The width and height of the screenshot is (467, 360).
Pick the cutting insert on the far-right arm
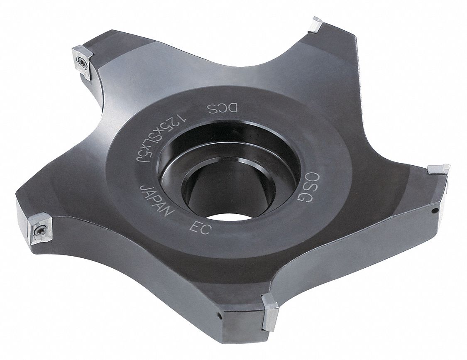[438, 169]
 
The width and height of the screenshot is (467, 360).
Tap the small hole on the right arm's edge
[434, 211]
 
